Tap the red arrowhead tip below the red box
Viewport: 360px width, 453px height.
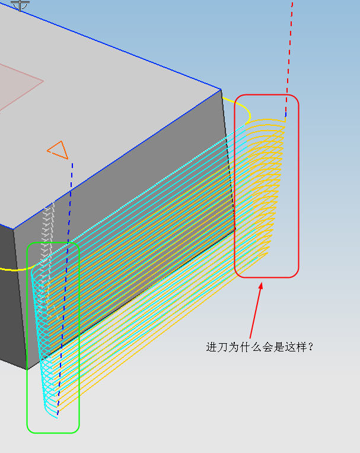click(x=262, y=282)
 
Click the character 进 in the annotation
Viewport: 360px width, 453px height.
click(x=211, y=347)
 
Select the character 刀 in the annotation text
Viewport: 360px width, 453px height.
click(x=222, y=347)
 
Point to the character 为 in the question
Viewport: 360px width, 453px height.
click(x=234, y=347)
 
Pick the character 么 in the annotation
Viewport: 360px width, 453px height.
click(x=256, y=347)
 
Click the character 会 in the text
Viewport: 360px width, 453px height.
click(x=267, y=347)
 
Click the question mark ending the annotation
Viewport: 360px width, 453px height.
click(x=310, y=347)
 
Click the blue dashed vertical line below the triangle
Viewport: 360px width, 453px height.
click(x=65, y=289)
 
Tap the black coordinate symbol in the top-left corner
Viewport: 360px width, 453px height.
click(x=20, y=5)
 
